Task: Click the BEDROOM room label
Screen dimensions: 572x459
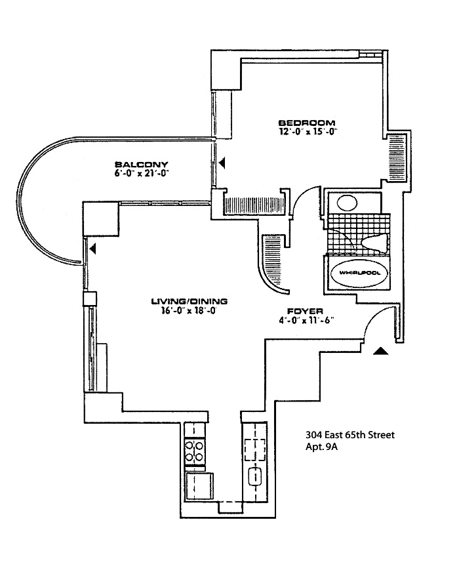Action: [x=307, y=123]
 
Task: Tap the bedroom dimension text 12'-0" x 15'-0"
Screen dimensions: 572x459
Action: [x=307, y=132]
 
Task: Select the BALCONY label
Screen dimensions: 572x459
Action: [x=142, y=164]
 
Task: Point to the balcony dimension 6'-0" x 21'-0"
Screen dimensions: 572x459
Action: [x=142, y=173]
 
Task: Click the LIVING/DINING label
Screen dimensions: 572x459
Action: [x=189, y=301]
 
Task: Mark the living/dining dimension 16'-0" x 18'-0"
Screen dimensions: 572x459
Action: [x=189, y=311]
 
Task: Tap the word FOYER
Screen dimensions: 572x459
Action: [x=303, y=312]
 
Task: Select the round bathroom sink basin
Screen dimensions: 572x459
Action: [x=347, y=203]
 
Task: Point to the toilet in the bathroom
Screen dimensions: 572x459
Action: [x=374, y=244]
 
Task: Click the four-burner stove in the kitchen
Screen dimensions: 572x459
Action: [x=195, y=451]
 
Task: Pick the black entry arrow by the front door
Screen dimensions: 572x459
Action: [x=380, y=352]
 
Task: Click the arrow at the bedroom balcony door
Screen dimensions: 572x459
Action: [x=223, y=161]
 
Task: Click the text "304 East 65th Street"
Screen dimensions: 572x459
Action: [x=349, y=435]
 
